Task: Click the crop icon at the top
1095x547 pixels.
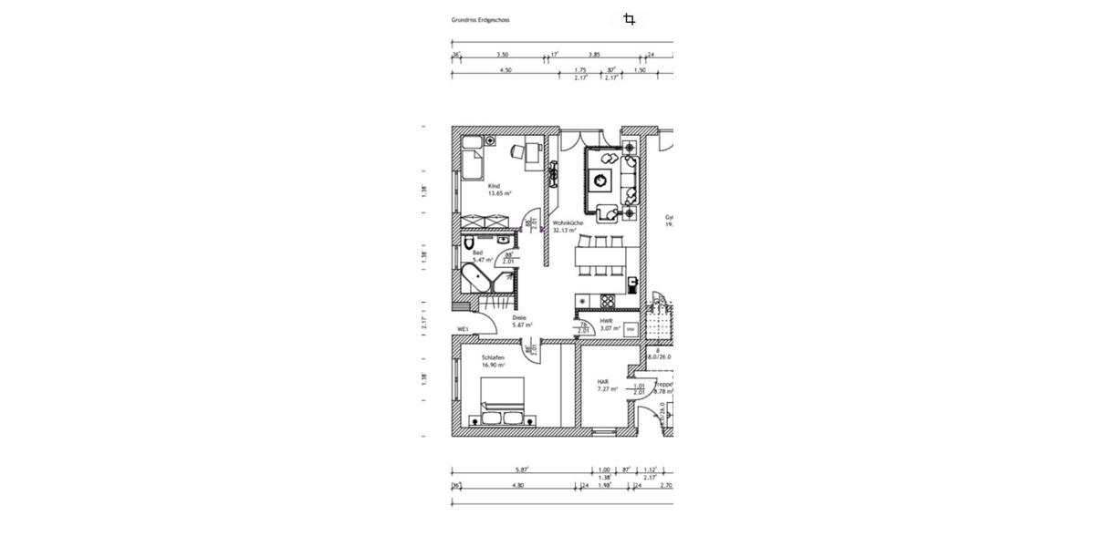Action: click(629, 19)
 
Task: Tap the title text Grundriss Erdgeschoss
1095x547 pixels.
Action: click(480, 19)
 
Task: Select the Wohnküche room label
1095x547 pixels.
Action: click(568, 223)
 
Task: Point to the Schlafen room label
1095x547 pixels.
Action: click(493, 357)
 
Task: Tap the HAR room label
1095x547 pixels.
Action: click(602, 382)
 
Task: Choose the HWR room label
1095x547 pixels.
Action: click(606, 321)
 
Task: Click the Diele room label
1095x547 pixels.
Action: click(519, 317)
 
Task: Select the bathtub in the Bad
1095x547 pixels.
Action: click(477, 277)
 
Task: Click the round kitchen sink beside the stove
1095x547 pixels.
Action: click(582, 302)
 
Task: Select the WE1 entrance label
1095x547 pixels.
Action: click(463, 329)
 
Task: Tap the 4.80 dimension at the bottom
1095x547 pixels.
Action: click(517, 486)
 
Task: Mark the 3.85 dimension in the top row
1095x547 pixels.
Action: click(594, 55)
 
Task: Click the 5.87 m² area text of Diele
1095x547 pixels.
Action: click(522, 325)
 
